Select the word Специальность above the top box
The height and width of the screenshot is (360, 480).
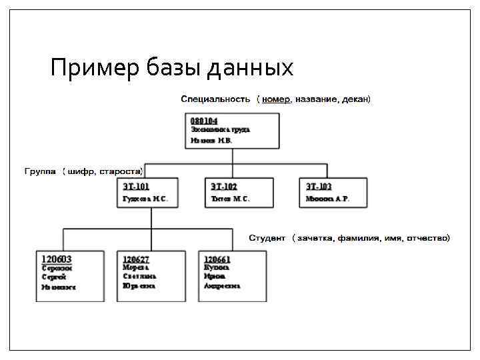pos(215,99)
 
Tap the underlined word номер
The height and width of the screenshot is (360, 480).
pos(276,99)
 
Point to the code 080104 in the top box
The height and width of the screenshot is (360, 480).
pos(204,121)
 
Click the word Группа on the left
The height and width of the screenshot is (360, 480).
pos(40,171)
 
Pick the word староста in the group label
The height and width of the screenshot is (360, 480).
pos(120,171)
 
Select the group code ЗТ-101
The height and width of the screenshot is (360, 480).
pos(136,187)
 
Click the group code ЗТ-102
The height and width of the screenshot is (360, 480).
pos(224,187)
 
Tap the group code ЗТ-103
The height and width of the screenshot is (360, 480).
pos(318,187)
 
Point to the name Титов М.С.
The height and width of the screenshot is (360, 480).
pos(230,199)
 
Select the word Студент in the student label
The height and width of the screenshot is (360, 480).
pos(267,238)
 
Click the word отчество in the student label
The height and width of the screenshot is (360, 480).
pos(429,238)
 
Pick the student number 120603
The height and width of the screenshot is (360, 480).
pos(57,259)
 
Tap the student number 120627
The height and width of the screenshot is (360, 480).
pos(136,259)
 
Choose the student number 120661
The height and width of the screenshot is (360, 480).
pos(217,259)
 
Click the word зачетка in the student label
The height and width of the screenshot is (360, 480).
pos(315,238)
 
